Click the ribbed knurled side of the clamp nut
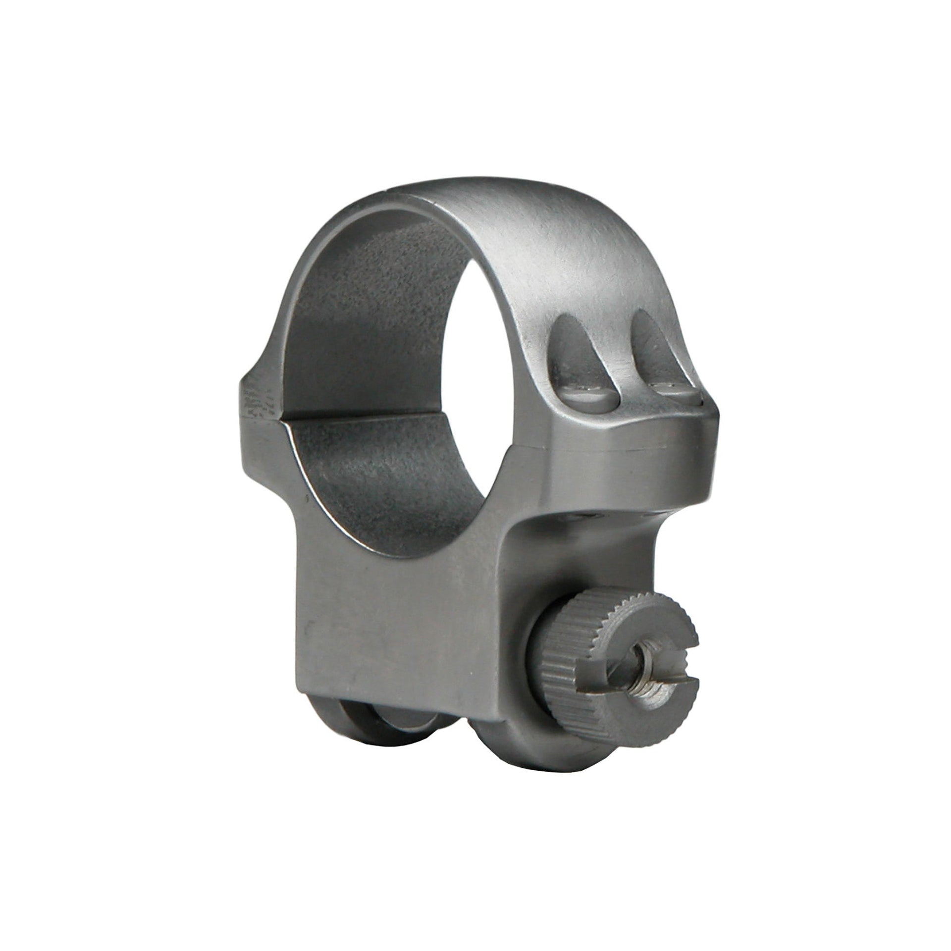click(x=560, y=679)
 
